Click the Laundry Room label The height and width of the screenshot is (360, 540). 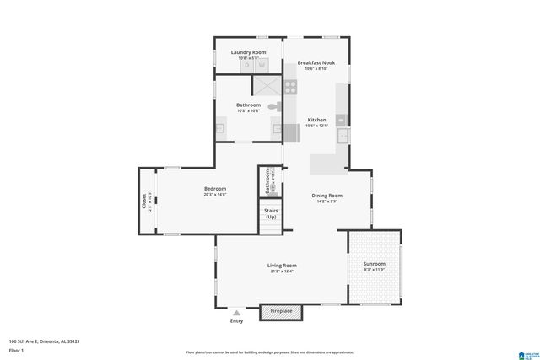(x=248, y=52)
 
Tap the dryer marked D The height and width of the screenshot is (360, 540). (x=247, y=65)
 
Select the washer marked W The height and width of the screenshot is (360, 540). (x=261, y=65)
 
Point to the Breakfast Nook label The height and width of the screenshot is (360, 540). (x=316, y=62)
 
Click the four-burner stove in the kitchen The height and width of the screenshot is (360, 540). (x=290, y=85)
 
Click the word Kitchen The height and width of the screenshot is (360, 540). (x=316, y=120)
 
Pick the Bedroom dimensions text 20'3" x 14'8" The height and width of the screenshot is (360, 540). (x=214, y=195)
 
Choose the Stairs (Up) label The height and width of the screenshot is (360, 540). (x=271, y=214)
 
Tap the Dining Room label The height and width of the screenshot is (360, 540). (x=327, y=196)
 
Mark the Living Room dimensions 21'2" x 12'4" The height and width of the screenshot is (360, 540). (x=283, y=271)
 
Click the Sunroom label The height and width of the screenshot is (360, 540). (x=374, y=263)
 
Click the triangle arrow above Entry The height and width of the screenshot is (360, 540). (x=235, y=312)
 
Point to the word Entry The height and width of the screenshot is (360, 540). (x=235, y=321)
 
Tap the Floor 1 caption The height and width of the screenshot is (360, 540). (x=16, y=350)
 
